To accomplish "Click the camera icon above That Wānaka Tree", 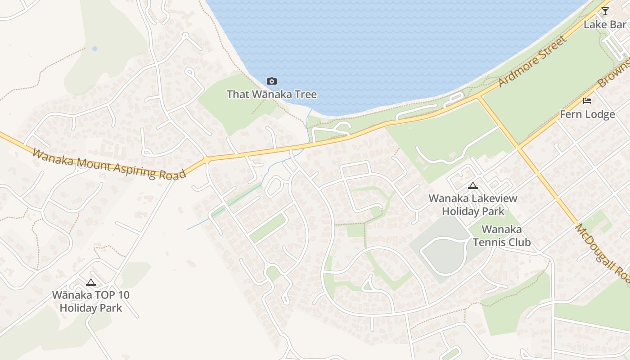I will pos(271,81).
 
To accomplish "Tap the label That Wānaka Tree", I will pos(272,94).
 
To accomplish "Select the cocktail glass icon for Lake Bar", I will pos(605,11).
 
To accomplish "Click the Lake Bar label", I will pos(605,24).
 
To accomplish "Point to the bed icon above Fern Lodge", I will pos(587,100).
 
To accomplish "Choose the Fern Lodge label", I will pos(587,114).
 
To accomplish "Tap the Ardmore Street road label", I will pos(532,61).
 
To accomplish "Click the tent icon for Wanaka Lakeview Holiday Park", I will pos(472,185).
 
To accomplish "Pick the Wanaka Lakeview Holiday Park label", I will pos(473,205).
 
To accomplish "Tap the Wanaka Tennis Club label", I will pos(502,236).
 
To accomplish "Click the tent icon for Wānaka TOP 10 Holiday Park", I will pos(91,283).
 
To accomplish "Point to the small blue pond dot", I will pos(94,49).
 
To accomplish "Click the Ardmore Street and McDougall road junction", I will pos(478,97).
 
